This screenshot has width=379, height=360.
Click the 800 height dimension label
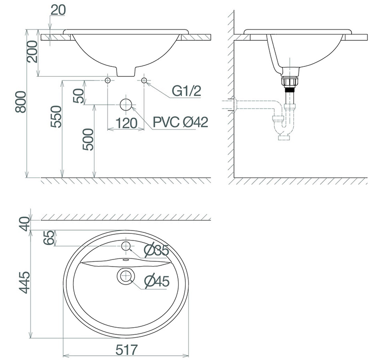(21, 102)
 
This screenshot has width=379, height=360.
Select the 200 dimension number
(33, 52)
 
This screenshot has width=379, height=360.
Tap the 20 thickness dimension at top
(58, 10)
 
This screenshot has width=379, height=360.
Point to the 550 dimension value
(56, 116)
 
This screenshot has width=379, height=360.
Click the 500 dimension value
(88, 139)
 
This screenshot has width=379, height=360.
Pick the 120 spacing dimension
(126, 123)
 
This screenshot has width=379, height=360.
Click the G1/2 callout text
(186, 91)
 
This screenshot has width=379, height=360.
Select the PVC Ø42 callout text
(180, 122)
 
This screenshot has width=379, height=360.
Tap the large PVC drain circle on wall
(126, 104)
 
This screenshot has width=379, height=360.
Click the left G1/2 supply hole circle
(108, 80)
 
